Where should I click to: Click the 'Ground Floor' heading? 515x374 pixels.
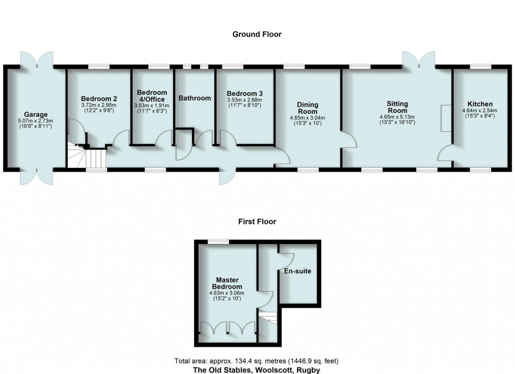click(256, 34)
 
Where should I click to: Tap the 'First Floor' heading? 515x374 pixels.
click(257, 221)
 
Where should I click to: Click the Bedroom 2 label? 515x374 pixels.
click(99, 99)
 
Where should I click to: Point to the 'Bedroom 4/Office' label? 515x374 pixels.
click(152, 96)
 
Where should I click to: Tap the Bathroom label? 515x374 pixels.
click(195, 98)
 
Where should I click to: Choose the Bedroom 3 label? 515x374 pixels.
click(244, 93)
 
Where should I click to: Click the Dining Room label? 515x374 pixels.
click(307, 108)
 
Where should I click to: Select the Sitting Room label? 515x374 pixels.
click(397, 107)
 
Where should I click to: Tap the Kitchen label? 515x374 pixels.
click(479, 104)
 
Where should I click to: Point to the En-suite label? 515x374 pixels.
click(298, 271)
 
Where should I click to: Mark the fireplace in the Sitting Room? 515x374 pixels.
click(445, 119)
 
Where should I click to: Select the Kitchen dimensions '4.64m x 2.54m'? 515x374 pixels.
click(479, 111)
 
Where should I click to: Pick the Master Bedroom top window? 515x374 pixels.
click(217, 241)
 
